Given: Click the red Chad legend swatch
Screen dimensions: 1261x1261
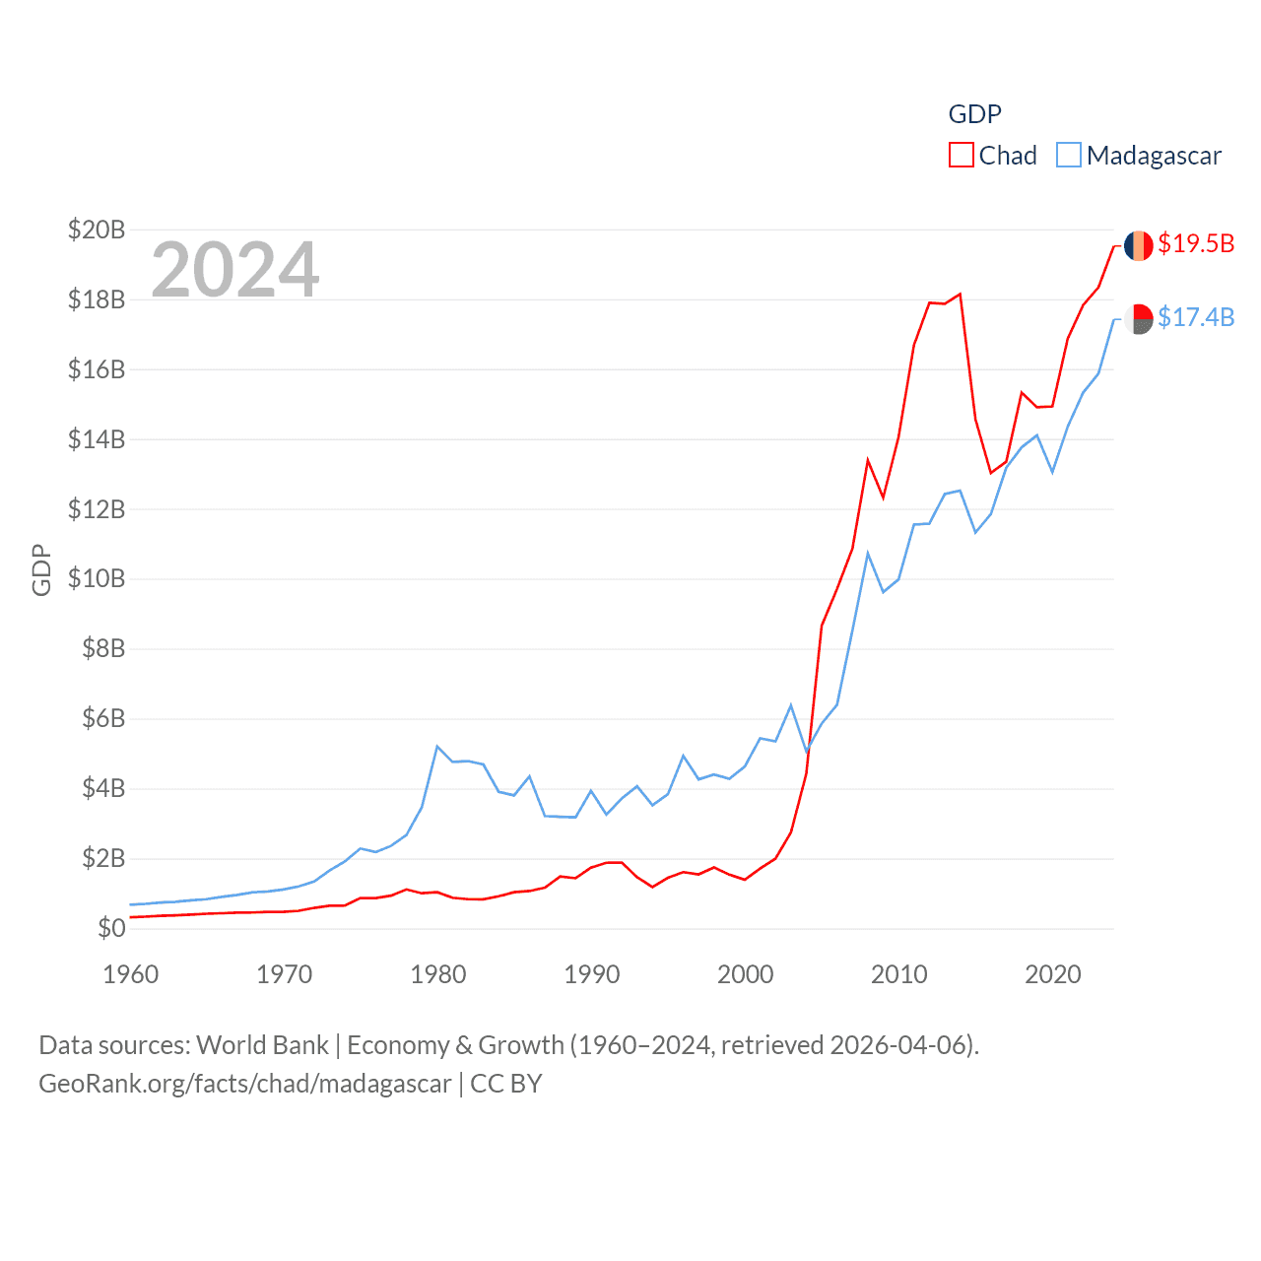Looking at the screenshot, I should click(x=961, y=156).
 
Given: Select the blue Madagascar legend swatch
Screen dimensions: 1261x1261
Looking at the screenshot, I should click(x=1069, y=156).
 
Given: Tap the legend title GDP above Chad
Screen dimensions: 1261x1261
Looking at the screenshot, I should click(x=974, y=114).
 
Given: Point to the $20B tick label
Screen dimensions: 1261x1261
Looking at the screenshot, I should click(x=97, y=230).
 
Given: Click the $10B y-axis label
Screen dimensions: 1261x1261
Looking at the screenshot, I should click(x=97, y=578).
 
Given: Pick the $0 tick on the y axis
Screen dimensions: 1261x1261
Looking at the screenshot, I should click(x=111, y=928).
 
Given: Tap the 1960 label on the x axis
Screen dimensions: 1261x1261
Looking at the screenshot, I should click(x=130, y=974).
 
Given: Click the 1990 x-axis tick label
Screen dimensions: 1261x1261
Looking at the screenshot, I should click(x=591, y=974).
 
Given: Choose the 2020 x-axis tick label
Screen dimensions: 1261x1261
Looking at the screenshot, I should click(x=1052, y=974).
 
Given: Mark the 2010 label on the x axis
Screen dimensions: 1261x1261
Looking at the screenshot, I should click(x=898, y=974).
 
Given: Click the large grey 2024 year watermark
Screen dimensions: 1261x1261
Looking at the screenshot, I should click(x=234, y=269).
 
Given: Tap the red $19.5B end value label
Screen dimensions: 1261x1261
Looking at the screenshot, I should click(x=1196, y=243).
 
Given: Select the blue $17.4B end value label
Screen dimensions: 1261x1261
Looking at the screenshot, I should click(x=1196, y=317).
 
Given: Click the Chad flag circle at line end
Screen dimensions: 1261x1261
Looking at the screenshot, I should click(x=1139, y=245).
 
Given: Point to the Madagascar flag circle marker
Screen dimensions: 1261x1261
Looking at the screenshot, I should click(x=1139, y=319).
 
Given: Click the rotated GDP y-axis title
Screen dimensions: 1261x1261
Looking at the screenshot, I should click(x=41, y=569).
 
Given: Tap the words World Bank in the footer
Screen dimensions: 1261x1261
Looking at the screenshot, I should click(x=262, y=1045).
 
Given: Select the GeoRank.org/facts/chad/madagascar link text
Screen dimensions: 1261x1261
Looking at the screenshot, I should click(x=244, y=1084).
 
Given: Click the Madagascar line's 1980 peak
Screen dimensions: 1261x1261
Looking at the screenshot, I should click(x=437, y=747).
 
